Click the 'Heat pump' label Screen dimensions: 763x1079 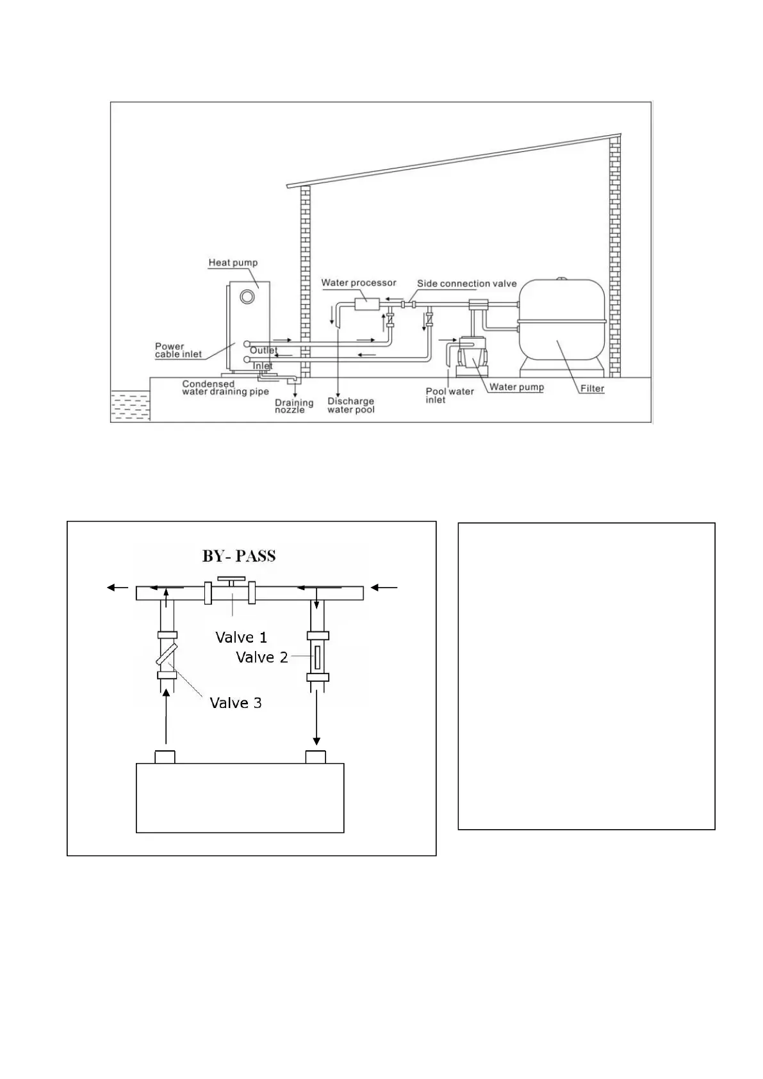[233, 263]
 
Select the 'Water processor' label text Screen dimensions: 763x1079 [359, 283]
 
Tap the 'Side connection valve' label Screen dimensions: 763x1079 [466, 283]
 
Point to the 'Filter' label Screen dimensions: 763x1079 [592, 388]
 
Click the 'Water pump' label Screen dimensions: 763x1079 [516, 387]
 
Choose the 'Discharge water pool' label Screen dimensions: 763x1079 [350, 406]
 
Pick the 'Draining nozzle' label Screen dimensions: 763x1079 [294, 406]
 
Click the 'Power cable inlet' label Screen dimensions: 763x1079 [178, 350]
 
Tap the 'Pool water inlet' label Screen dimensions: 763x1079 [450, 395]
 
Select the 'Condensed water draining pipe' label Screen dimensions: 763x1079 [226, 388]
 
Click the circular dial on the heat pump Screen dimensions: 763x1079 [247, 297]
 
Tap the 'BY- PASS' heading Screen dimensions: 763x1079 [239, 556]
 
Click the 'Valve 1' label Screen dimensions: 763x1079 [241, 638]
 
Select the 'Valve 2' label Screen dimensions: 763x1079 [261, 657]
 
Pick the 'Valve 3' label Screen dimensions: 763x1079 [236, 703]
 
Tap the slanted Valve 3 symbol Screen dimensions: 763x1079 [166, 654]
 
